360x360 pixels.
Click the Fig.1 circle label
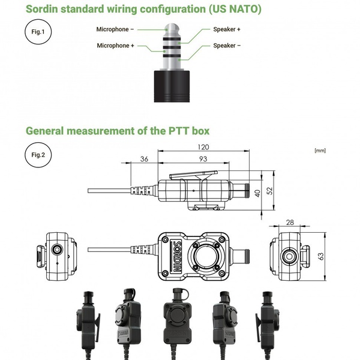(38, 32)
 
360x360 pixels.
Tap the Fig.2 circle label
(38, 155)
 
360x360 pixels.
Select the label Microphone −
(115, 29)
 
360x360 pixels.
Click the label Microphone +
(115, 46)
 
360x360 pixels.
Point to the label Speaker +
(227, 29)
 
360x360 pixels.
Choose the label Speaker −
(227, 46)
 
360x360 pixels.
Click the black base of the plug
(172, 86)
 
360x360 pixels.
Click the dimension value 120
(203, 147)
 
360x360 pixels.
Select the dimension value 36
(144, 159)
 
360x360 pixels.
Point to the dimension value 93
(203, 159)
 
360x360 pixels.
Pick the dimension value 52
(270, 191)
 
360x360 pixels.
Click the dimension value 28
(290, 222)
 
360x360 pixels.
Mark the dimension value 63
(321, 256)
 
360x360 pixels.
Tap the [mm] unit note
(320, 151)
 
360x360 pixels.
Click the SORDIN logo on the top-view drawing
(176, 256)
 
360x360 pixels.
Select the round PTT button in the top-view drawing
(205, 256)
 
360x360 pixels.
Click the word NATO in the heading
(244, 9)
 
